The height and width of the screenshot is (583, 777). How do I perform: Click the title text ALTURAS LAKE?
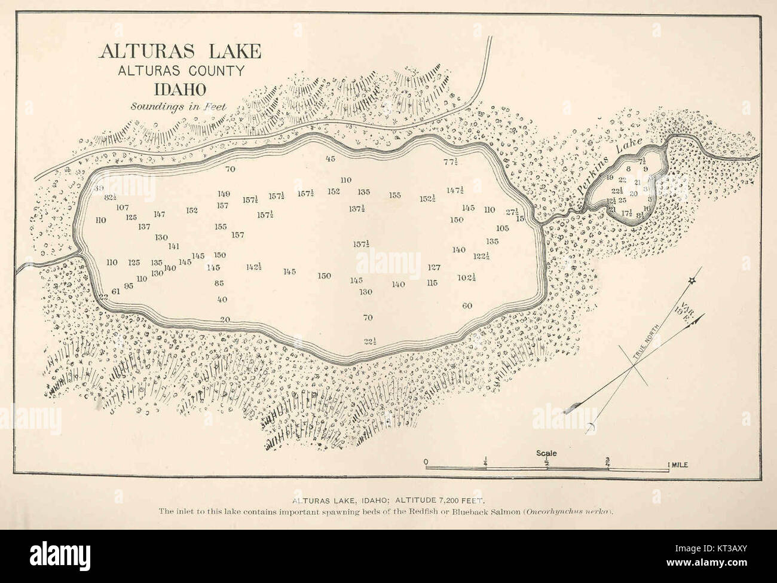180,51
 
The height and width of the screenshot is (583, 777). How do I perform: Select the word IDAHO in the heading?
180,89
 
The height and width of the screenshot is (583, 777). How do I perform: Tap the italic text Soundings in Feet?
180,107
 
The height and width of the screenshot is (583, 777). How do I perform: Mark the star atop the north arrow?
692,280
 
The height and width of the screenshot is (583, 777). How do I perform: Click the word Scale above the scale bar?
547,453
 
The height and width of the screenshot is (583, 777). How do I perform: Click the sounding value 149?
224,194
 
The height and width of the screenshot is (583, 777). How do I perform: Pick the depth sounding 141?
174,246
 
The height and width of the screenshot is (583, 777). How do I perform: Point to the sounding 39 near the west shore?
99,188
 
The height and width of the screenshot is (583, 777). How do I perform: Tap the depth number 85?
219,283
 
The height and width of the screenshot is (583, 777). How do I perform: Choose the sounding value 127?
434,267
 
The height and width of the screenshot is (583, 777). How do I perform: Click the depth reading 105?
502,228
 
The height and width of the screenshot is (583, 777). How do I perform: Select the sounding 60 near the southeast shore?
467,306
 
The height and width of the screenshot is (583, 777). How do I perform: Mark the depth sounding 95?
129,286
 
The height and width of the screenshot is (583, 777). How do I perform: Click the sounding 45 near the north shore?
330,158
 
